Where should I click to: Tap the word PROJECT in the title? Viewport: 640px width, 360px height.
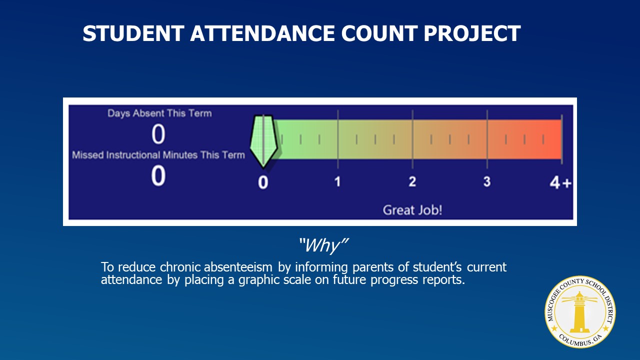point(472,33)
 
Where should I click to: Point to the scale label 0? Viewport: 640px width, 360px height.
point(263,182)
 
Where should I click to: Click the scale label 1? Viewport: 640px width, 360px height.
point(337,181)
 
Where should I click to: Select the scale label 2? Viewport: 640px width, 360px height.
point(412,181)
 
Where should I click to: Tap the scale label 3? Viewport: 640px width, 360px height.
point(487,181)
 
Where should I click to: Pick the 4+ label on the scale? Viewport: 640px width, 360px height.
point(560,182)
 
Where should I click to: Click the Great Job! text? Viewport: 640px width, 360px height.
point(412,210)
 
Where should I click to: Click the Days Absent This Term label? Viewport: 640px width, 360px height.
point(159,113)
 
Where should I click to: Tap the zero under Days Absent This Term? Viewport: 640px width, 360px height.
point(158,134)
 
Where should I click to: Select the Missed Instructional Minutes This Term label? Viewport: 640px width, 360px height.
point(158,155)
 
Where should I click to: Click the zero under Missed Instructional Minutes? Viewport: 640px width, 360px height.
point(158,175)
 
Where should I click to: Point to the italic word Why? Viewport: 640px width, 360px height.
point(323,245)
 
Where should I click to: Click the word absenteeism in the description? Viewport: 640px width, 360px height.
point(238,267)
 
